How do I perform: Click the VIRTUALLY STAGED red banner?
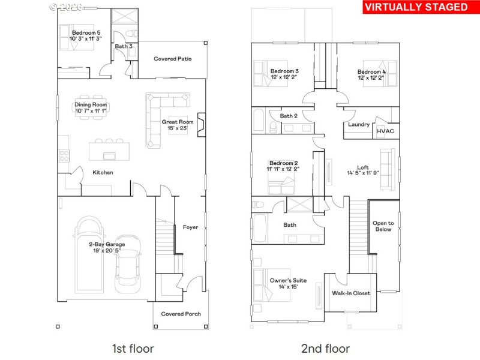[x=416, y=7]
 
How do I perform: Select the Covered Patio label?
[x=173, y=59]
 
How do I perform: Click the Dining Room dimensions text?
[x=91, y=111]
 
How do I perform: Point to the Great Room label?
[x=178, y=122]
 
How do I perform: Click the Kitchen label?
[x=103, y=173]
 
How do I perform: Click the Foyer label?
[x=190, y=227]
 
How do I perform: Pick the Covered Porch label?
[x=182, y=314]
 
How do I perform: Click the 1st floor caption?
[x=133, y=348]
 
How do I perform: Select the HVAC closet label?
[x=385, y=131]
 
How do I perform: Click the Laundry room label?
[x=359, y=125]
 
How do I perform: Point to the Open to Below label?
[x=383, y=226]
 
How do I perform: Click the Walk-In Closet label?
[x=351, y=293]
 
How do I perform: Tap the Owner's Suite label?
[x=289, y=280]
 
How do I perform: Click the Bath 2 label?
[x=289, y=116]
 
